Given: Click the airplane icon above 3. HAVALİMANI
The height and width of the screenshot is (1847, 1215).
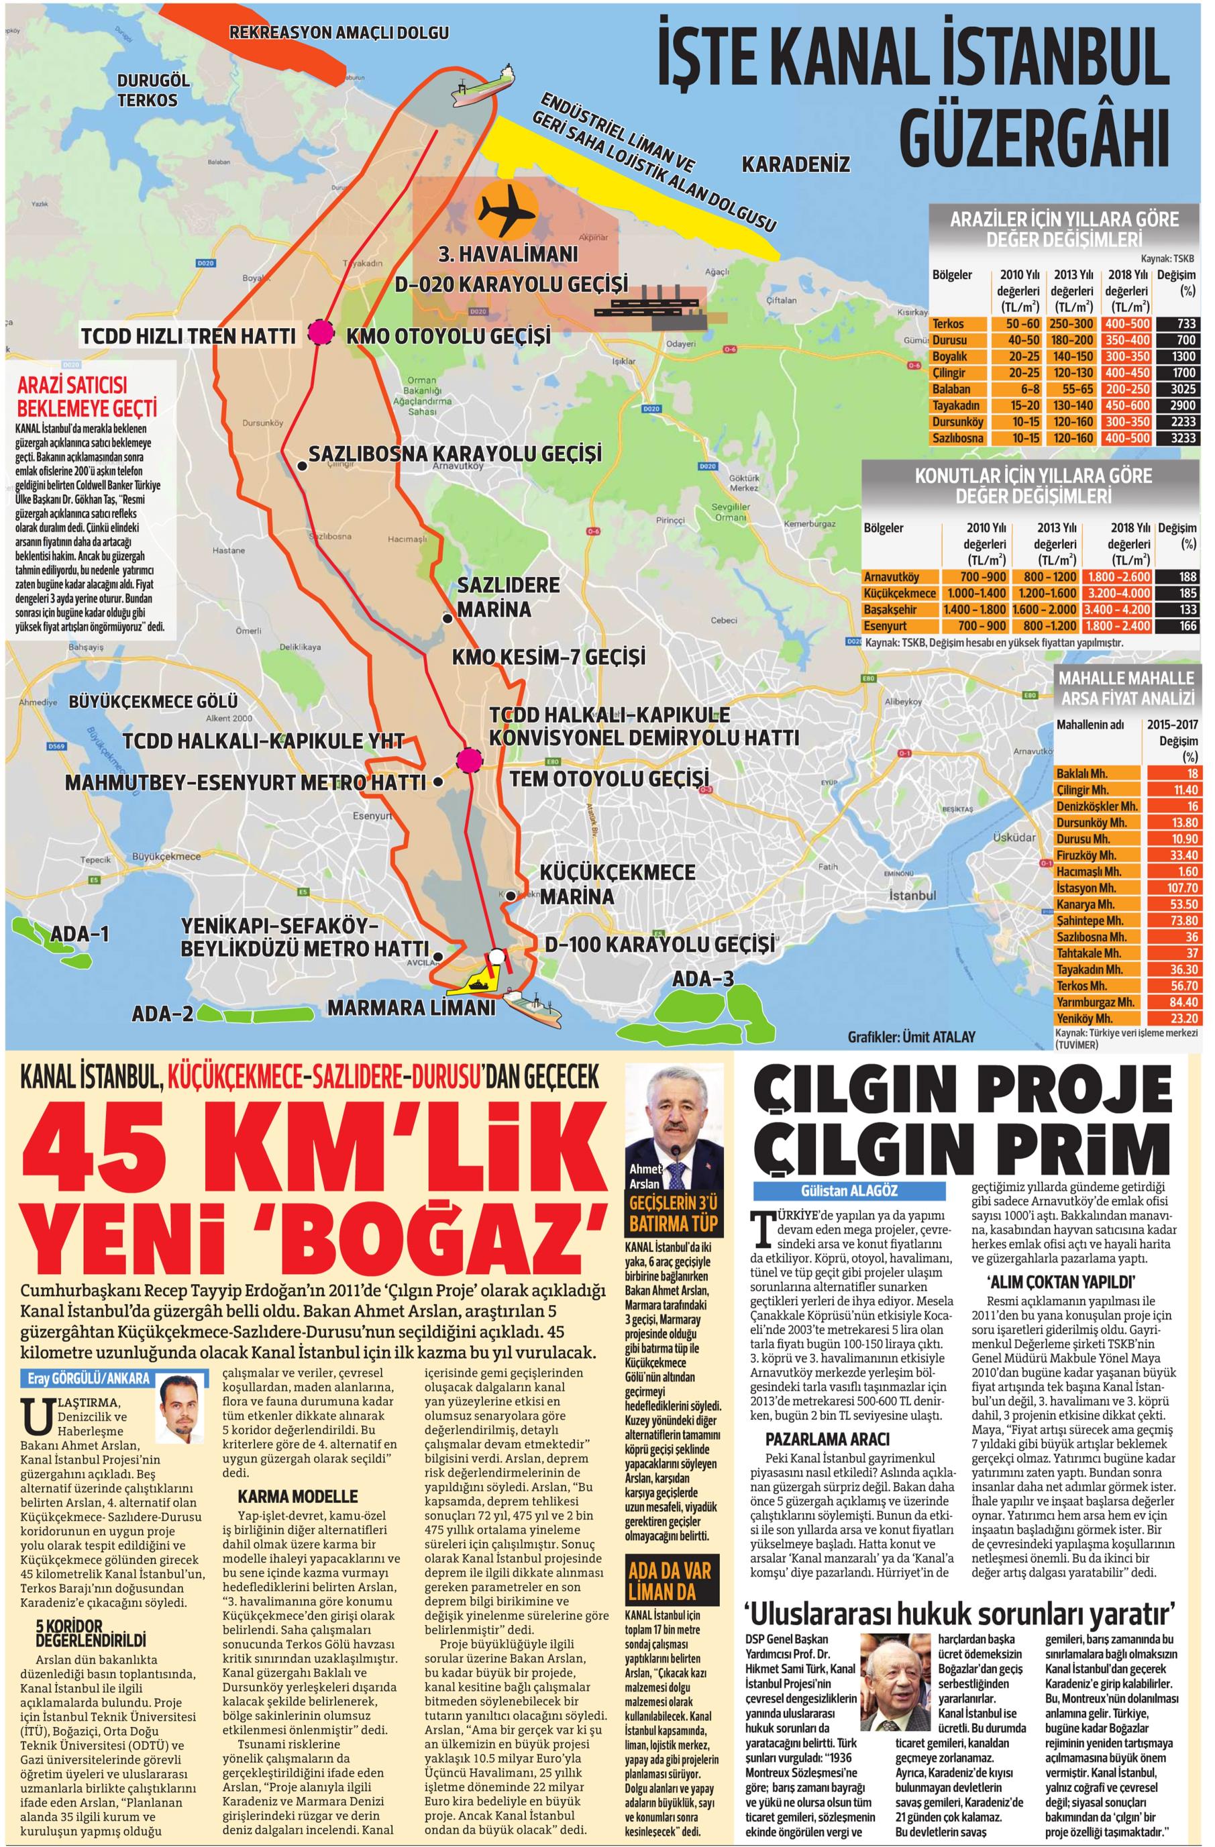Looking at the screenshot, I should click(x=507, y=209).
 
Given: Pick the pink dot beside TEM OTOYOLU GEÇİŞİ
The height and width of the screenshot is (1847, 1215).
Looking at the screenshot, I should click(x=468, y=761).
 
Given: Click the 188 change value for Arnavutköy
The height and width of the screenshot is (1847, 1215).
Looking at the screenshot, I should click(x=1177, y=576).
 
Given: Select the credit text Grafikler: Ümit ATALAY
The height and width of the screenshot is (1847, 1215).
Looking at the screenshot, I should click(x=911, y=1035).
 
